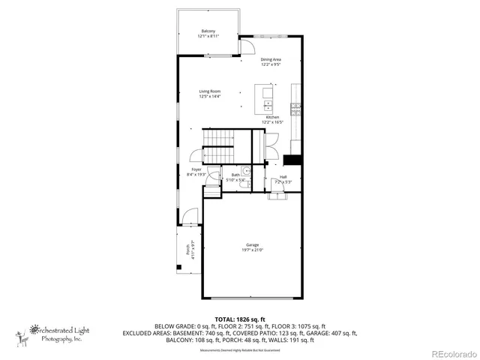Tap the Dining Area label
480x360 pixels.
tap(271, 59)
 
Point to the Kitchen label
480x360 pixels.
tap(271, 117)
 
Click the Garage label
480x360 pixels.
tap(251, 245)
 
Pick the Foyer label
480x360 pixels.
tap(196, 170)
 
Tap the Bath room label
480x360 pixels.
tap(235, 175)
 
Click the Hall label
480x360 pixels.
tap(283, 177)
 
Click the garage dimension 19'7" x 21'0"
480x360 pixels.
tap(251, 250)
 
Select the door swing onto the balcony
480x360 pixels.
tap(245, 46)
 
